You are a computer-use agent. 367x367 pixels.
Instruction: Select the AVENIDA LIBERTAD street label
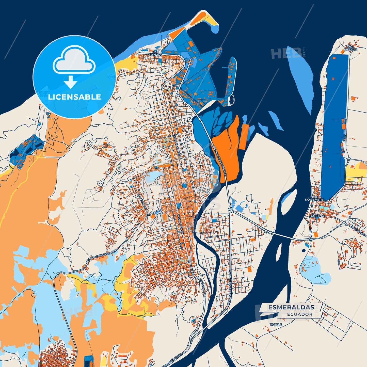point(177,147)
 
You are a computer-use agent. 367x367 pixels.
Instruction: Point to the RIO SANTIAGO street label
point(142,201)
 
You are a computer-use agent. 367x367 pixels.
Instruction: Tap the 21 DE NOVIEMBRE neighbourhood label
point(314,198)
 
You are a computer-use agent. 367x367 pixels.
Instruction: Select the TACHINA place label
point(317,216)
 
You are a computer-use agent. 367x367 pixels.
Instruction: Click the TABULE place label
point(276,325)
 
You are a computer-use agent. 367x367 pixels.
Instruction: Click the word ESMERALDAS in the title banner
point(291,307)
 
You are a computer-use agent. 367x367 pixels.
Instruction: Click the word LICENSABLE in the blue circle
point(74,97)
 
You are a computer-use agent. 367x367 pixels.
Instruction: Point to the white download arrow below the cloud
point(70,82)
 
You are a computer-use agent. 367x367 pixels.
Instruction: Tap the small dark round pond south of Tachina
point(304,250)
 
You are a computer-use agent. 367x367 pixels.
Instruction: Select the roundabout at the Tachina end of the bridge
point(310,239)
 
